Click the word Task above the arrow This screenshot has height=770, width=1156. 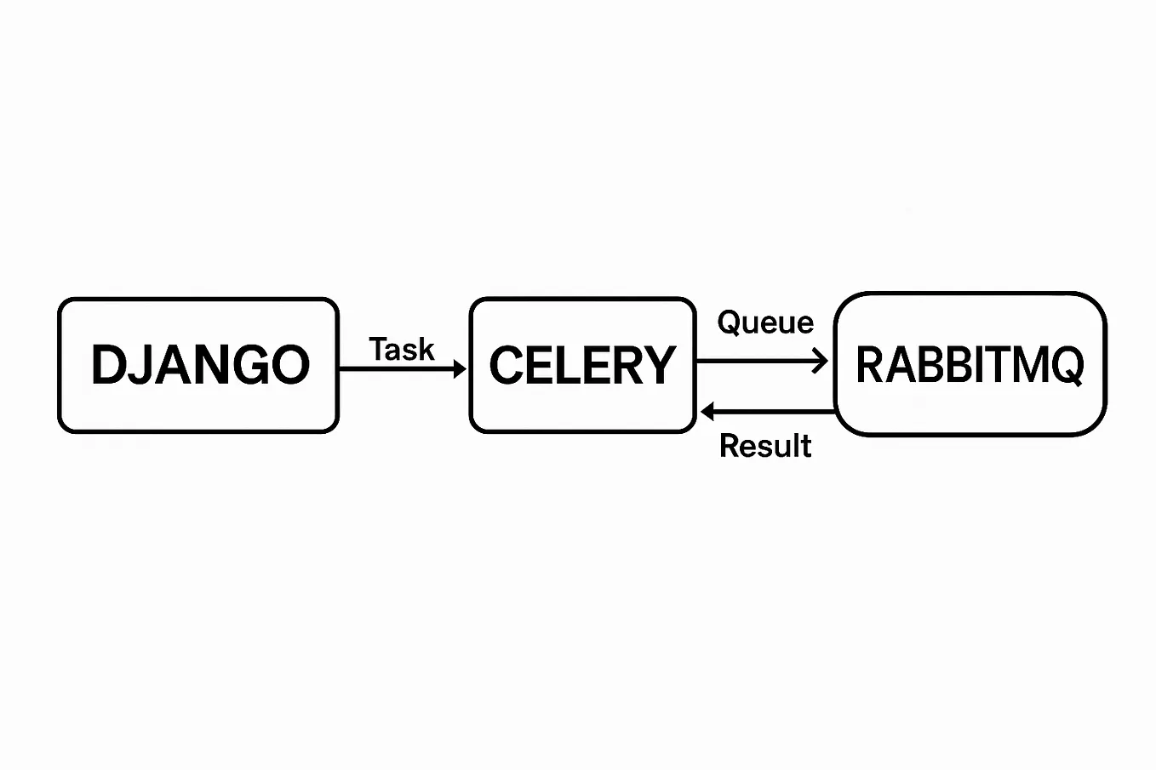[x=402, y=349]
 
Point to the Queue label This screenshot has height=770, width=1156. [x=765, y=322]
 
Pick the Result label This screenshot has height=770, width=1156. [x=765, y=446]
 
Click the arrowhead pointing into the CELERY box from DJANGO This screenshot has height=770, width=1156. [x=460, y=368]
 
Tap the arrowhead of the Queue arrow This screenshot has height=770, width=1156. [x=821, y=362]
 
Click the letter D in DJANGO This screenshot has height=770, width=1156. [x=108, y=365]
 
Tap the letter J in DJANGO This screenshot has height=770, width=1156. [x=145, y=365]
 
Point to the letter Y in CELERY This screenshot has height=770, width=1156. [x=658, y=365]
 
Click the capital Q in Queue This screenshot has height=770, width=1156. [x=730, y=322]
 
